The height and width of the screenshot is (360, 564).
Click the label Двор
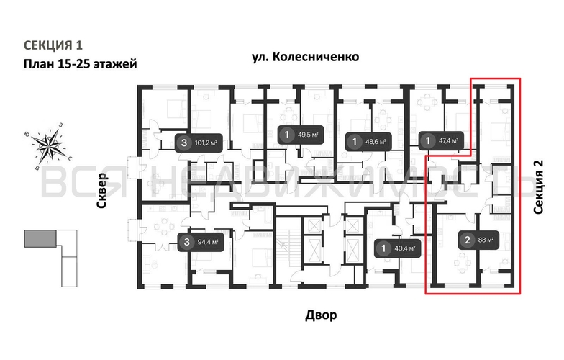[x=320, y=315]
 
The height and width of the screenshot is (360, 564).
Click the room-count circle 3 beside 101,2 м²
[x=185, y=143]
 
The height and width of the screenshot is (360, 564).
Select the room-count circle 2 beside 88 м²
[x=467, y=240]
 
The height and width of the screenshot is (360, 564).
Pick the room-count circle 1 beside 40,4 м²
[x=383, y=249]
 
